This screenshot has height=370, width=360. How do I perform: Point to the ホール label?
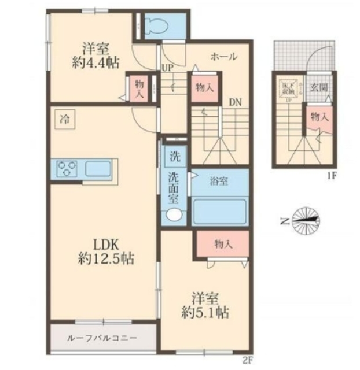pos(223,57)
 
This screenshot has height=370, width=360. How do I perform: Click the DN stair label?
pos(234,102)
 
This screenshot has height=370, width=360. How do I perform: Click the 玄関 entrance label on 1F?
pos(318,88)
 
